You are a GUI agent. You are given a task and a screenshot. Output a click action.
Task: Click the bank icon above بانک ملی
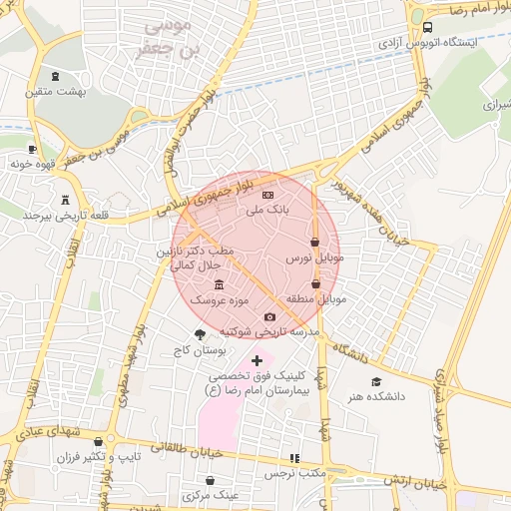267,195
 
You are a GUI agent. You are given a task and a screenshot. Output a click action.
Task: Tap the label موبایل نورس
314,257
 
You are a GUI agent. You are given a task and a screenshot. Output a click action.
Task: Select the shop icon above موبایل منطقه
315,282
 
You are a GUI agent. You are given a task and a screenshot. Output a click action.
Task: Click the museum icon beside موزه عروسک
220,284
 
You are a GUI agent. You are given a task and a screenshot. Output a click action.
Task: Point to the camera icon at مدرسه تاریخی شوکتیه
268,316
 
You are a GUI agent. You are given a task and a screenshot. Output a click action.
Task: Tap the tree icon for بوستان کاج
200,335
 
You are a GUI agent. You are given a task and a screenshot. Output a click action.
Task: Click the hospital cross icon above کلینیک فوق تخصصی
256,360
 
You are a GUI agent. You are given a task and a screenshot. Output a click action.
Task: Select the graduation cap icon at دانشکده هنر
376,381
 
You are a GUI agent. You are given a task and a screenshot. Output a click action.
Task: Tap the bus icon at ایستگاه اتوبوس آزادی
427,28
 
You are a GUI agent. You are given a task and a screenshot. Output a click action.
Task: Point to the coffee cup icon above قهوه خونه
33,149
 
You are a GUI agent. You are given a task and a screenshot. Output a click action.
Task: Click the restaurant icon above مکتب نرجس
293,459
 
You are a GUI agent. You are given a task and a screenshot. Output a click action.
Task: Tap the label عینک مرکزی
211,495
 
